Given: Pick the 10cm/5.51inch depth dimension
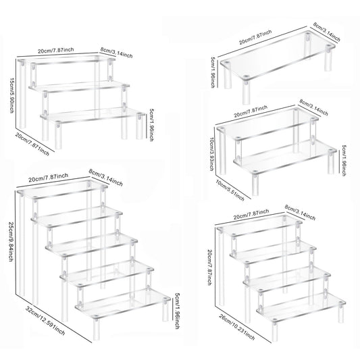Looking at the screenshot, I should tap(226, 190).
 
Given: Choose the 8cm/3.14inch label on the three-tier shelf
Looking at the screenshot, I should tap(115, 51).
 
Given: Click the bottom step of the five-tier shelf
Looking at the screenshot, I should tap(122, 303).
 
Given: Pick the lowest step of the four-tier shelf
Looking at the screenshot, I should tap(297, 311).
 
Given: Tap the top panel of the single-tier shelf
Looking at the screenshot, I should tap(281, 55).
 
